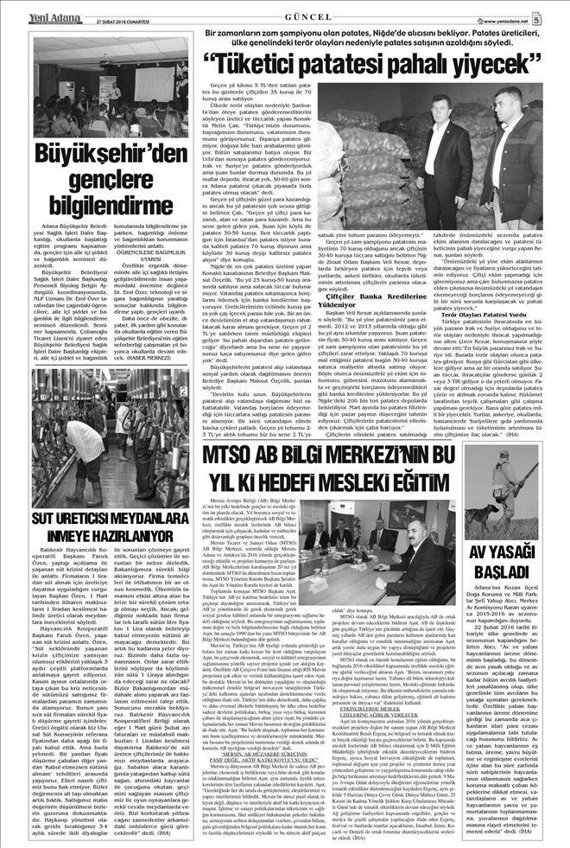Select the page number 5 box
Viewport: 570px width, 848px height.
560,12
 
